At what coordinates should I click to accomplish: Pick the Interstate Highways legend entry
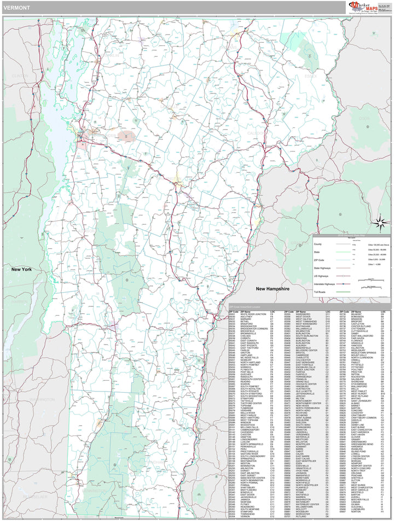coord(325,284)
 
